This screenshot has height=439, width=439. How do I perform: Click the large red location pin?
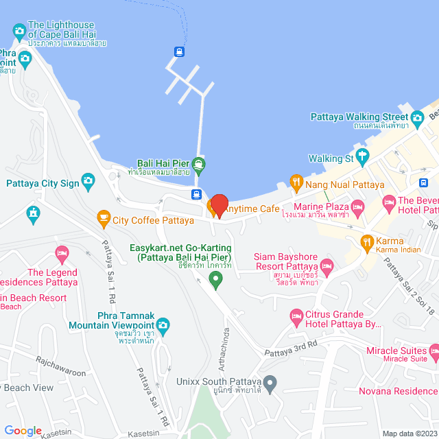(x=219, y=206)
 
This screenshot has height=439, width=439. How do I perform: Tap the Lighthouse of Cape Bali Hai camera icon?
(x=19, y=31)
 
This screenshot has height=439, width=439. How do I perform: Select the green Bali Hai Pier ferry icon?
(x=198, y=163)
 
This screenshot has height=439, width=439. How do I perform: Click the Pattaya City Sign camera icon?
(x=88, y=182)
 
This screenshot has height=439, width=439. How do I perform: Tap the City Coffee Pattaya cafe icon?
(x=103, y=219)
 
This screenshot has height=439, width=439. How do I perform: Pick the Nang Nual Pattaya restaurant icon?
(x=296, y=182)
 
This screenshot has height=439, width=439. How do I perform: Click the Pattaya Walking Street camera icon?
(x=418, y=117)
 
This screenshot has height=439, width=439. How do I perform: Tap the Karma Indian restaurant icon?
(x=367, y=241)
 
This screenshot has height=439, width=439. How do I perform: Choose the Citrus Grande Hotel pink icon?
(x=297, y=317)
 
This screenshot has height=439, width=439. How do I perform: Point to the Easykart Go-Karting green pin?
(x=215, y=278)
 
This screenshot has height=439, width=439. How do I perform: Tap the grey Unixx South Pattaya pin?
(x=271, y=381)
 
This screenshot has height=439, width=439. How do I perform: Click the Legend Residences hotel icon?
(x=62, y=256)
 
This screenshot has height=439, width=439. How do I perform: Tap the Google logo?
(x=23, y=430)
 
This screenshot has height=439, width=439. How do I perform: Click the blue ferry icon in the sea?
(x=179, y=51)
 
